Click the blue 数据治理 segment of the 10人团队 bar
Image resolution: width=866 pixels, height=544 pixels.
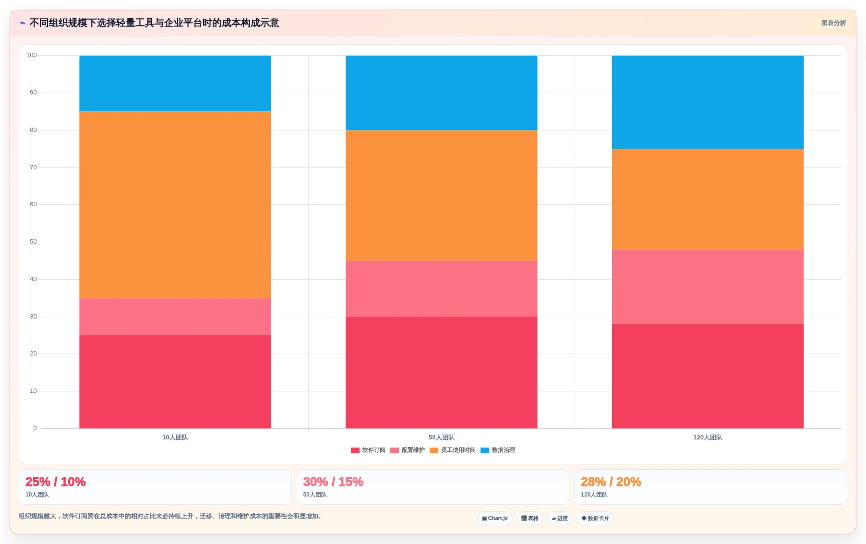[175, 83]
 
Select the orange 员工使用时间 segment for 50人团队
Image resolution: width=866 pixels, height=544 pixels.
[442, 195]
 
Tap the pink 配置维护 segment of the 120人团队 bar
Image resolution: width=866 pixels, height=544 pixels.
[708, 287]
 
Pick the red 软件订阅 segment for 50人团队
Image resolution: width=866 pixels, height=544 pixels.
[442, 372]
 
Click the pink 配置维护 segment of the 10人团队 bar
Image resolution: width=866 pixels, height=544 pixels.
[175, 317]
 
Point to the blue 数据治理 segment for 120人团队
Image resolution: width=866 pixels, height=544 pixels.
[708, 102]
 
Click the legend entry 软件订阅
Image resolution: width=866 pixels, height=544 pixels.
[368, 450]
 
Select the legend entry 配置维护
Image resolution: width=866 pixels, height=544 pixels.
[408, 450]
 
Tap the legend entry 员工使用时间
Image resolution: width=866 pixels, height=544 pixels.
[453, 450]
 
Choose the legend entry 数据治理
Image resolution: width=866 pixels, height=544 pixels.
[498, 450]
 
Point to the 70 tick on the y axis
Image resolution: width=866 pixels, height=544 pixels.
[33, 167]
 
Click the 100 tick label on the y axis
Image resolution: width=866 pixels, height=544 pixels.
[32, 55]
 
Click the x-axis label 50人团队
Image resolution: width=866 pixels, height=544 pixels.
[442, 438]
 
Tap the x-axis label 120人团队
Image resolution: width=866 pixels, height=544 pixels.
[708, 438]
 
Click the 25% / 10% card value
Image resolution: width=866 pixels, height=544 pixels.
[56, 482]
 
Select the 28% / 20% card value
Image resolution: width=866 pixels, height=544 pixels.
[611, 482]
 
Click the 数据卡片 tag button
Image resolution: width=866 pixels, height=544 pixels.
[595, 519]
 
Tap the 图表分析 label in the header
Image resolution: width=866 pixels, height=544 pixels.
[833, 23]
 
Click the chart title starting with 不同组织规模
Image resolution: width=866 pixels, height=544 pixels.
[154, 23]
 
